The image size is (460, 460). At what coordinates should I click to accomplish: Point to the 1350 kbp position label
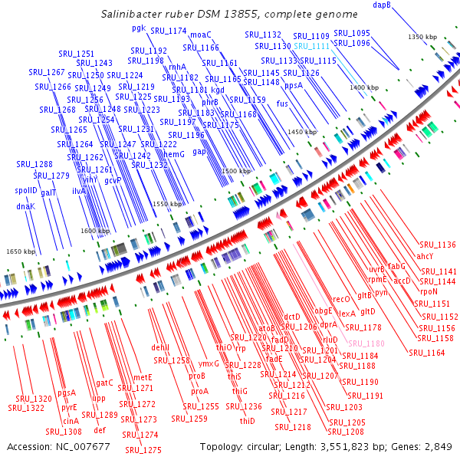422,37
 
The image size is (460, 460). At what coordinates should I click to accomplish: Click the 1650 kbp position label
21,251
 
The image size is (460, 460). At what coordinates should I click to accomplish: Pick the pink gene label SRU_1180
365,344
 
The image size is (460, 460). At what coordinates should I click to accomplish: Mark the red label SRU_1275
143,450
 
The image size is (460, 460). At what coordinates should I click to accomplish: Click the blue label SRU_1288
34,164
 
